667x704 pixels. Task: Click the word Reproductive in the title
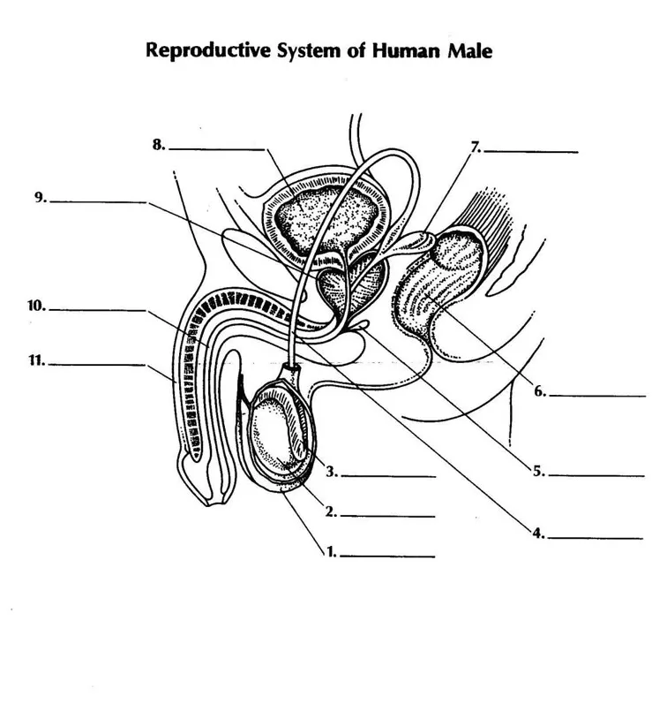[200, 50]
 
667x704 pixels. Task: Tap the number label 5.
[537, 471]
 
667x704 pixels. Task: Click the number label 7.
[476, 148]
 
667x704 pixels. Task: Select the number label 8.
[159, 146]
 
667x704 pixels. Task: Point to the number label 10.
[36, 307]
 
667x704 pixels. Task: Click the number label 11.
[36, 360]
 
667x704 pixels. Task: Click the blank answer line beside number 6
[597, 397]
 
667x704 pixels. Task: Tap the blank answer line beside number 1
[388, 557]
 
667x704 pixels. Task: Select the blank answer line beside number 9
[98, 203]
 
